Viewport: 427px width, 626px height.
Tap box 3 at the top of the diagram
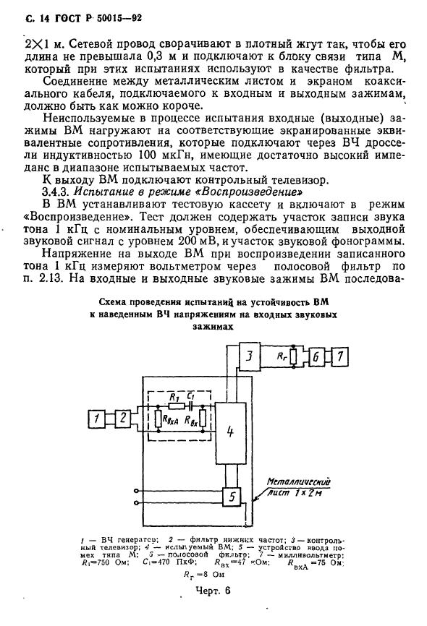[x=248, y=358]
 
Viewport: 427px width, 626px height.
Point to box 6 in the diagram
[x=316, y=358]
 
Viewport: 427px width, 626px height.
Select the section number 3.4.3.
[x=59, y=193]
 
